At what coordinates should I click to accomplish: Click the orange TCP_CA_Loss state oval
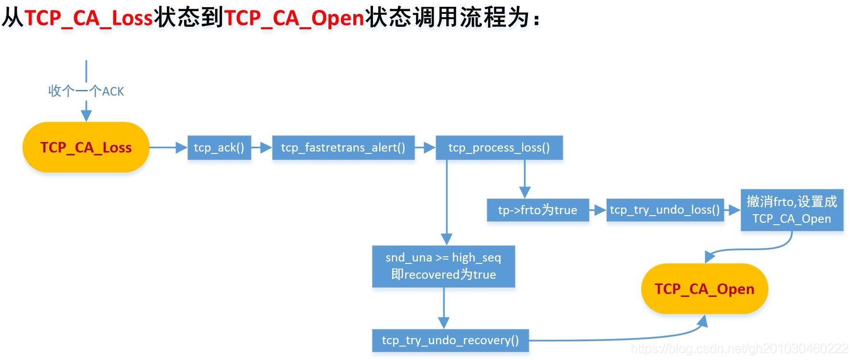click(x=86, y=147)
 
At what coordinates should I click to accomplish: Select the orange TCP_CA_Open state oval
click(x=704, y=289)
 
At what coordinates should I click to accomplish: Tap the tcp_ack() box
click(x=219, y=148)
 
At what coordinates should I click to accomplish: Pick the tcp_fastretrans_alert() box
click(x=343, y=148)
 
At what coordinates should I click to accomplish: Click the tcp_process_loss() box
click(x=499, y=148)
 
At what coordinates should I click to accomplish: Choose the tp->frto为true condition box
click(x=537, y=210)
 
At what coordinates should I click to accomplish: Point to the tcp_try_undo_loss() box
click(x=665, y=210)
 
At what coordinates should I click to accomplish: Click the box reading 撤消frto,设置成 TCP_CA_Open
click(x=791, y=210)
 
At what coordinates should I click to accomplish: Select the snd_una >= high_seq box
click(x=443, y=266)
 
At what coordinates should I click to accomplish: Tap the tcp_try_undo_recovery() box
click(x=450, y=340)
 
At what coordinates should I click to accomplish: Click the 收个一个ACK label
click(x=86, y=91)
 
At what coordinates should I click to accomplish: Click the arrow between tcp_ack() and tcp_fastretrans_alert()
click(x=262, y=148)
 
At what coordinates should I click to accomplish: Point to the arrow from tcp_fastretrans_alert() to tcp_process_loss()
click(x=425, y=148)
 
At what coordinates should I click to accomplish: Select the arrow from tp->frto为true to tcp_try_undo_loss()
click(x=598, y=210)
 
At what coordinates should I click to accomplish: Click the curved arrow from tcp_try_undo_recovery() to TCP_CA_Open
click(x=622, y=338)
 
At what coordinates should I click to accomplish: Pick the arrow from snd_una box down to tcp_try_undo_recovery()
click(x=444, y=308)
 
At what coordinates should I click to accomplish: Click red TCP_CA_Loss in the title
click(x=88, y=18)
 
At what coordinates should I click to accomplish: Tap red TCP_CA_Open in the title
click(x=294, y=18)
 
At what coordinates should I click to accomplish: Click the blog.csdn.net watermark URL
click(x=739, y=349)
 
